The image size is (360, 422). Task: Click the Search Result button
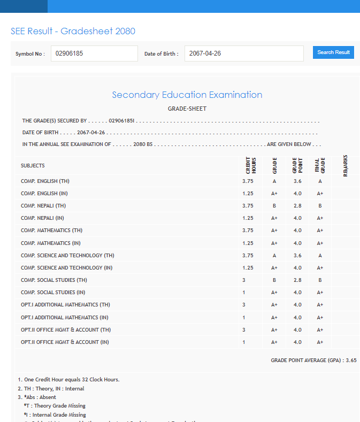[333, 52]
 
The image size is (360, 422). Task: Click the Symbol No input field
[94, 53]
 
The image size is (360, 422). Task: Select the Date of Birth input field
[244, 53]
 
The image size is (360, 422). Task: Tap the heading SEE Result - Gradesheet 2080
[73, 31]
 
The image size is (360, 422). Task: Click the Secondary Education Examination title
[187, 95]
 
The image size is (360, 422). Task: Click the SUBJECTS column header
[33, 166]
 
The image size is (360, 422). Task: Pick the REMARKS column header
[346, 166]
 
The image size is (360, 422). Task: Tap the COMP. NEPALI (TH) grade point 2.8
[297, 206]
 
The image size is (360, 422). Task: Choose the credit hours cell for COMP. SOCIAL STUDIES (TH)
[244, 280]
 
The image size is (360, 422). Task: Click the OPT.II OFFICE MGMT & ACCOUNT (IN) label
[65, 342]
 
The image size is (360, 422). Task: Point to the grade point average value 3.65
[351, 360]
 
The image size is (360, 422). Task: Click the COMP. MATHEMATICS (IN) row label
[51, 243]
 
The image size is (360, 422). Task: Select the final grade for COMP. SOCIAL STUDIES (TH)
[320, 280]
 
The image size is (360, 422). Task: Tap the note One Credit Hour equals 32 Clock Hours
[68, 380]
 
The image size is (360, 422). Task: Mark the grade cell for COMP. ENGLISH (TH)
[274, 181]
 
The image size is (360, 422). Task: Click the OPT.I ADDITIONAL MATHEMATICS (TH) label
[65, 305]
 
